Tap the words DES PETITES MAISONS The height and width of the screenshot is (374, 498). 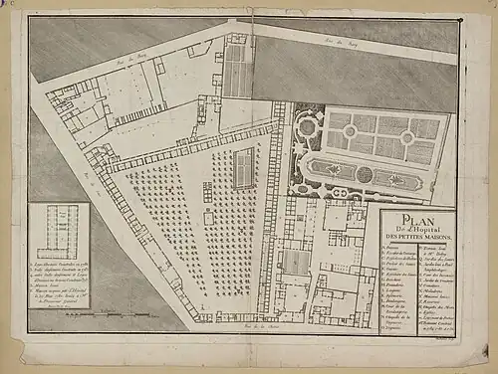pos(418,244)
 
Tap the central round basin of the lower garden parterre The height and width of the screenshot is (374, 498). pos(364,174)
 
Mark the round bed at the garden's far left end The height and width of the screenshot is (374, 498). pos(306,128)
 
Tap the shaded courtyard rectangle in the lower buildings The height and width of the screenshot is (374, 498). pos(298,262)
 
